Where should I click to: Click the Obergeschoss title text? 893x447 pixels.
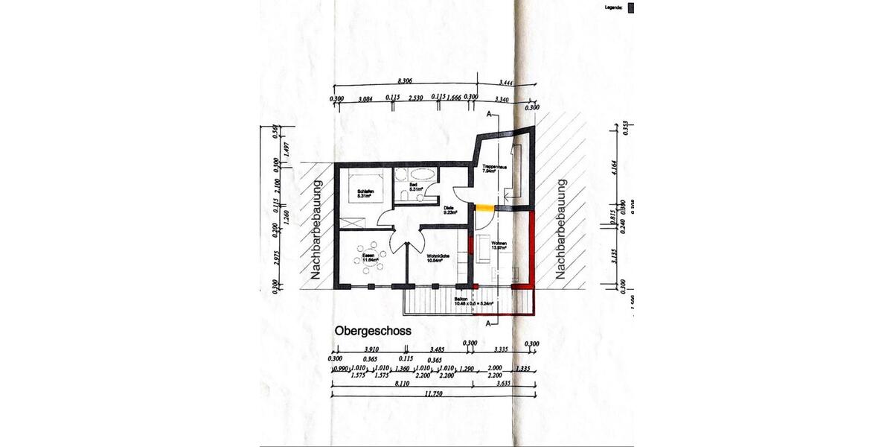pos(372,330)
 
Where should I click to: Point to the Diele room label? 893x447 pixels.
pos(449,211)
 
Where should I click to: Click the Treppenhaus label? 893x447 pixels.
pos(494,168)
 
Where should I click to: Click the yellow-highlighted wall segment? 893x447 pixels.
pos(484,207)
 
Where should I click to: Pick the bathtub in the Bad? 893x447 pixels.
pos(415,174)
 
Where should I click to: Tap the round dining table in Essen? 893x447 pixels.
pos(370,259)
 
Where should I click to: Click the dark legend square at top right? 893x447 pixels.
pos(631,7)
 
